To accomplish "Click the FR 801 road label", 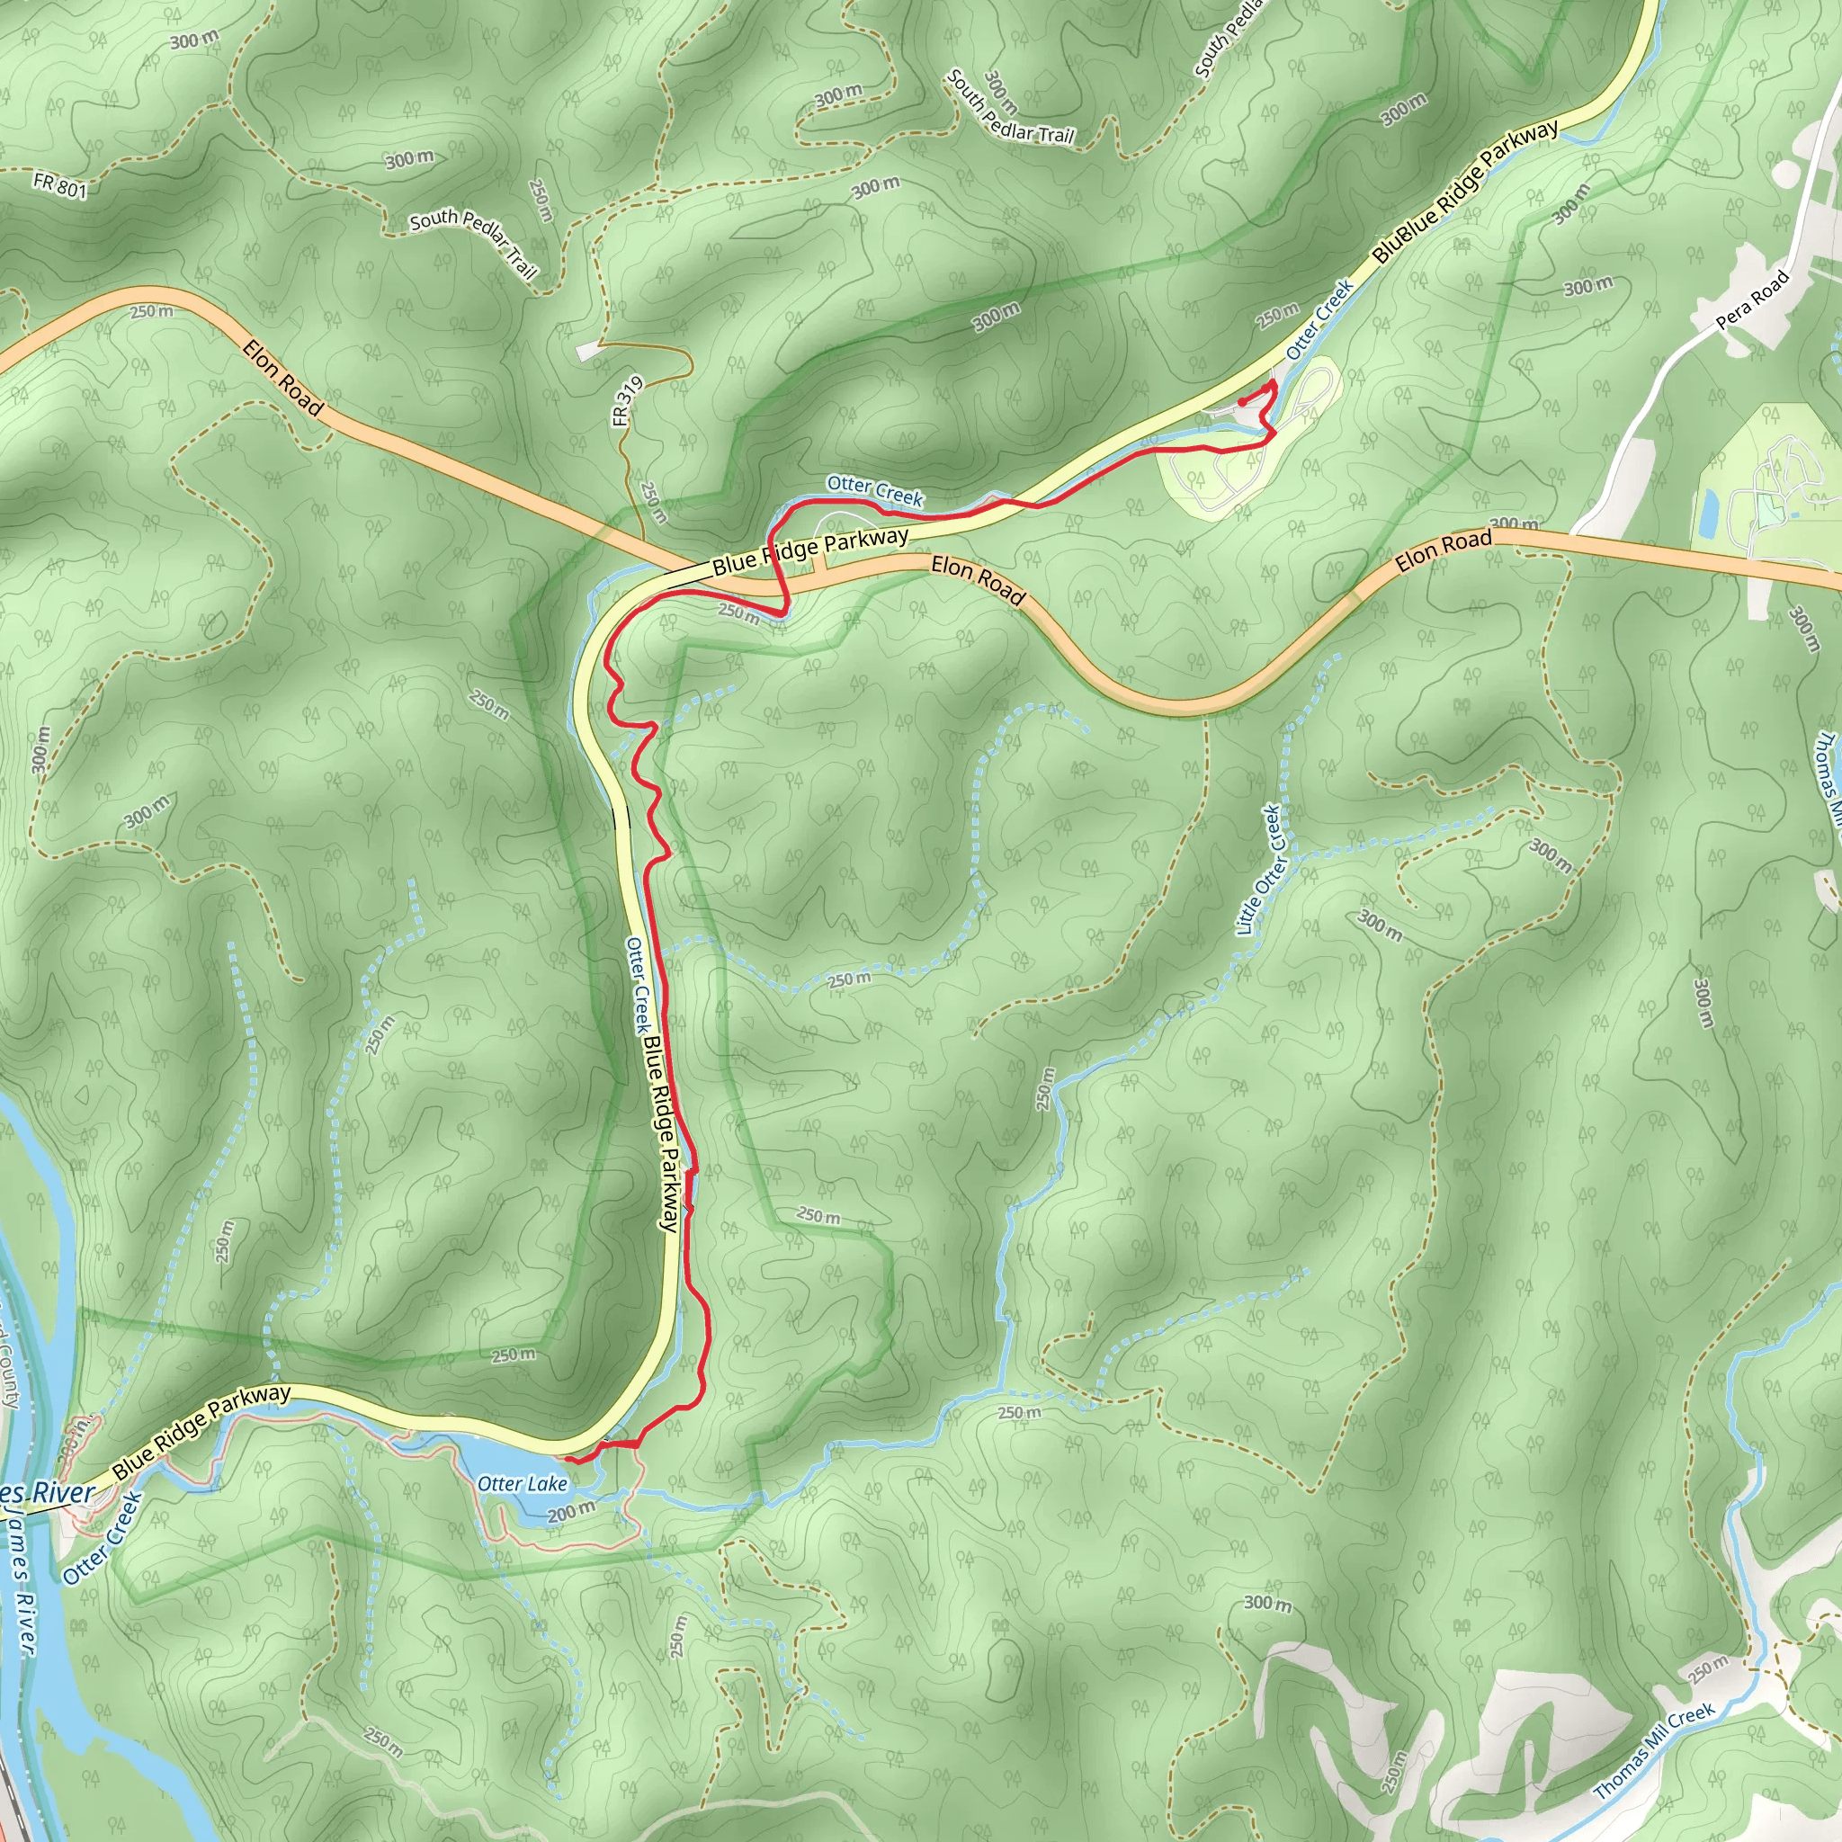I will [59, 184].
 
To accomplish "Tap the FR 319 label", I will [629, 401].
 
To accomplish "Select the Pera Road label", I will [1752, 300].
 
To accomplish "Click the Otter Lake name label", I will [523, 1483].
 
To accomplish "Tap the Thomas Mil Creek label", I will [1654, 1750].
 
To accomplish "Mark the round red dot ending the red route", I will [1242, 401].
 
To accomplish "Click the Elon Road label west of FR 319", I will [283, 378].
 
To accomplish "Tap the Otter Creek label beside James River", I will [103, 1537].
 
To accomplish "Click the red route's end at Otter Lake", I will [566, 1459].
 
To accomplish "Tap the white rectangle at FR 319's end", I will [589, 352].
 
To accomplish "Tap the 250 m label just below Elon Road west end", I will [153, 312].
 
